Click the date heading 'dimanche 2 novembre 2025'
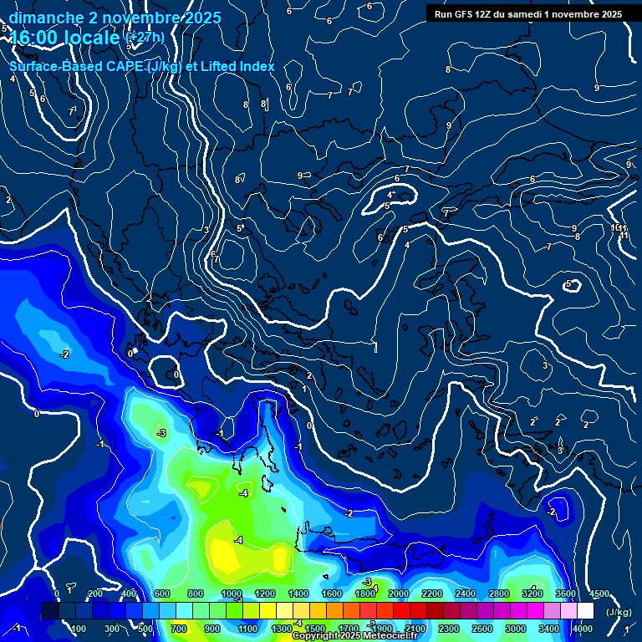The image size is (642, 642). pos(115,18)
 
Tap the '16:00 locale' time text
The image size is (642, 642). pos(66,38)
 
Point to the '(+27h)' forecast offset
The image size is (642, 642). pos(145,38)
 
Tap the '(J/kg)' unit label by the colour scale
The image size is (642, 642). pos(619,611)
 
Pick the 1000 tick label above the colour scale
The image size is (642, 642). pos(232,594)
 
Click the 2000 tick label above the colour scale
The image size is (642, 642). pos(398,594)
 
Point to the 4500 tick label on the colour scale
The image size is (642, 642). pos(599,594)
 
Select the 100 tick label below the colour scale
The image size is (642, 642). pos(79,629)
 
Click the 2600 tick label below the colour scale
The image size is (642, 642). pos(481,629)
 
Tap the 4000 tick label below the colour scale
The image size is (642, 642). pos(582,629)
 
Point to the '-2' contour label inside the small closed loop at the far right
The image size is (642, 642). pos(551,512)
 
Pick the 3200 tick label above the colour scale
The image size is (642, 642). pos(532,594)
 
